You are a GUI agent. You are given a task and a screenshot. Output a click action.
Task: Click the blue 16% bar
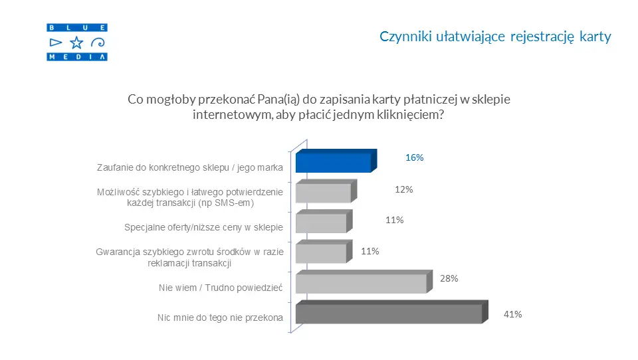(336, 161)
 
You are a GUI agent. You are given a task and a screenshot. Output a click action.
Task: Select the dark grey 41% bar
(392, 312)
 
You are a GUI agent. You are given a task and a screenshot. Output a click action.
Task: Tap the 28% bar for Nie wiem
(364, 281)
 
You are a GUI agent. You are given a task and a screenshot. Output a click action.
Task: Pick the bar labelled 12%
(326, 191)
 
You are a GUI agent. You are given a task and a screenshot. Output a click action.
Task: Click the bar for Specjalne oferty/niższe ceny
(324, 221)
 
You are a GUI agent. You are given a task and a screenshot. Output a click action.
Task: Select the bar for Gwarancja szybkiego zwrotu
(324, 251)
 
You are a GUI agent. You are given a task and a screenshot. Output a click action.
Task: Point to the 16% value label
(414, 157)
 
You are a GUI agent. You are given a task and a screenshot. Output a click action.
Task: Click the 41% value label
(512, 314)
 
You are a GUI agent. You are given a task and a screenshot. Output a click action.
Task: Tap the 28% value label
(449, 278)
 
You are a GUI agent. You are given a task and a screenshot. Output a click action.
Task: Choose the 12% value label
(403, 189)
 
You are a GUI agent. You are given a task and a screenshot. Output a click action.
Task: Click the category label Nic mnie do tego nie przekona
(220, 317)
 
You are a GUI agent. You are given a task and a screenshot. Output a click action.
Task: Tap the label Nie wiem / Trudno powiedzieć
(221, 288)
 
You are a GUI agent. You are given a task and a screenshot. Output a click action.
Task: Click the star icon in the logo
(76, 43)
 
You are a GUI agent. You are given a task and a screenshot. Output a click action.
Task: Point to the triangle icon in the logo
(55, 43)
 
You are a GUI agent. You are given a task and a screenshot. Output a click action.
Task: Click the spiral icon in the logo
(98, 43)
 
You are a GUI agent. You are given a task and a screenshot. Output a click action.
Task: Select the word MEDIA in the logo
(77, 57)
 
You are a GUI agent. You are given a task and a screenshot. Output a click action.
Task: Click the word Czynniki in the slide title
(405, 37)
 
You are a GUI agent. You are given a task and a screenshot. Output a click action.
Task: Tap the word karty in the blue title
(595, 37)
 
